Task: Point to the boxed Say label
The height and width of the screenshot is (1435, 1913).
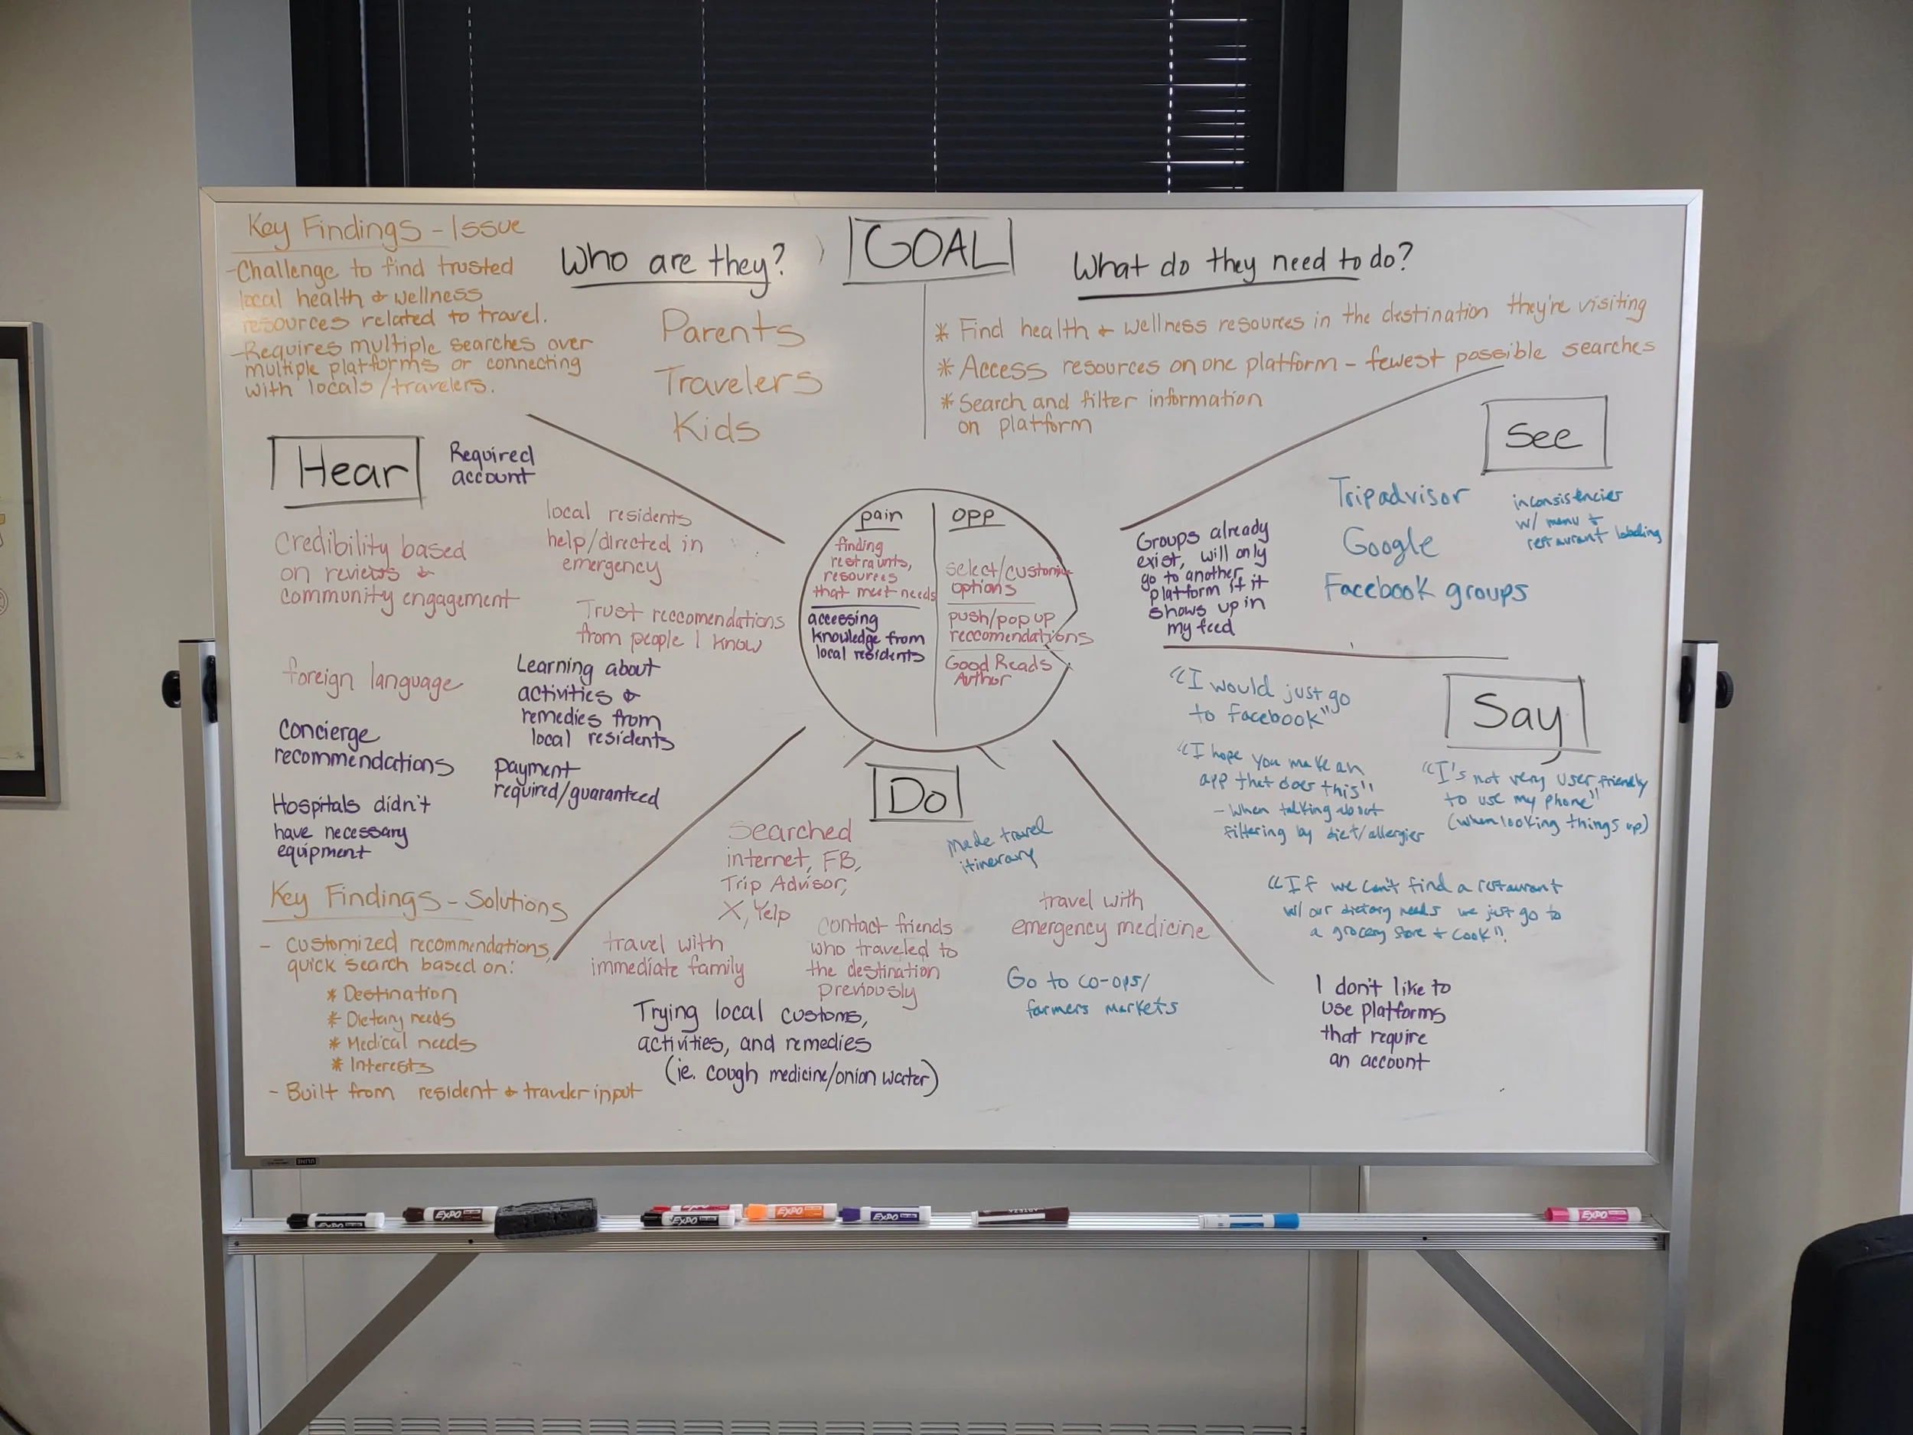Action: (x=1516, y=713)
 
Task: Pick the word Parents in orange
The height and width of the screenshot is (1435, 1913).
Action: (x=732, y=328)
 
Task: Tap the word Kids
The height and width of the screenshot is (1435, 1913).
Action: (x=716, y=426)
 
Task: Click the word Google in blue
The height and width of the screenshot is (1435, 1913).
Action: (x=1389, y=543)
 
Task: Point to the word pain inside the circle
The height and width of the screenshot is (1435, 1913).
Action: (x=881, y=517)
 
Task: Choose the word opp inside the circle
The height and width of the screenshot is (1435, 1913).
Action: (x=973, y=516)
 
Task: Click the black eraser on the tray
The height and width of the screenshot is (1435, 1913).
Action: (x=546, y=1215)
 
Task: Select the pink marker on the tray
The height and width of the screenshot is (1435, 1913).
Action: (x=1592, y=1215)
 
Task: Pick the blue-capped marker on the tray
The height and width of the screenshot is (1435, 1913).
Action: (x=1249, y=1221)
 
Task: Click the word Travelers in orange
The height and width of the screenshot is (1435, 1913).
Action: (x=738, y=380)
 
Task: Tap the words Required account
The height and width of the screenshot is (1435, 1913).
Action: (x=491, y=465)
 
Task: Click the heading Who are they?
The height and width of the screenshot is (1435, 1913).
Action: (x=673, y=259)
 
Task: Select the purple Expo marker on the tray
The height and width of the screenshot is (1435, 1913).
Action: (x=884, y=1215)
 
